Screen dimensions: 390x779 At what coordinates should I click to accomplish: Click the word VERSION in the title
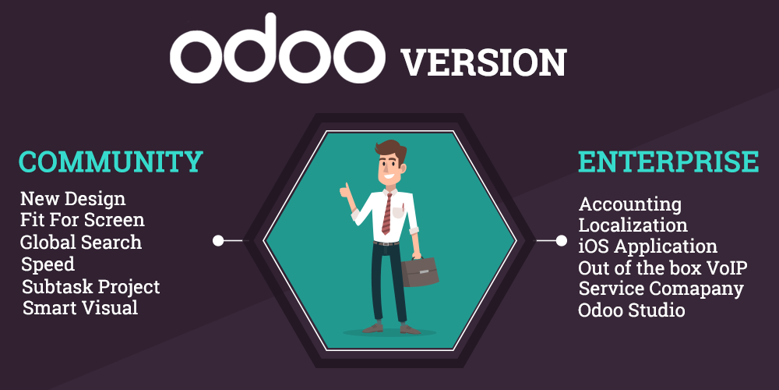click(x=484, y=62)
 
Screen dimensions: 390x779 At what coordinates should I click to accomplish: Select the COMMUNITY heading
click(x=111, y=161)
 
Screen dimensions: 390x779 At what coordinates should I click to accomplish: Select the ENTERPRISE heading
click(x=668, y=161)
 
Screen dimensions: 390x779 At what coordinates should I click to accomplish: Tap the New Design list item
click(x=72, y=199)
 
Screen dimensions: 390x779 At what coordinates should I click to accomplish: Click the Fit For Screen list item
click(x=83, y=220)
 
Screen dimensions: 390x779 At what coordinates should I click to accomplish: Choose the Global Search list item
click(x=81, y=242)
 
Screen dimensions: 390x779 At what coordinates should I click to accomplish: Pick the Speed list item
click(x=48, y=264)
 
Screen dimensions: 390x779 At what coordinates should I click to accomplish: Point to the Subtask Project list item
click(x=90, y=286)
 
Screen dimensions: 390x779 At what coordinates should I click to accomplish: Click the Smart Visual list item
click(x=80, y=308)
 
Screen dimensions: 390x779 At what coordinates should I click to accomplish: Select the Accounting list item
click(x=630, y=204)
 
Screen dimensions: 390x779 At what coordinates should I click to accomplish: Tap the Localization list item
click(x=633, y=225)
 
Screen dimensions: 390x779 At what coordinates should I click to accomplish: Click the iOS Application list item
click(x=647, y=246)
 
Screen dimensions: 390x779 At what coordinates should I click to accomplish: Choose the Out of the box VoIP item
click(x=663, y=268)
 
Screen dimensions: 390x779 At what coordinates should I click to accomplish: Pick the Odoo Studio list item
click(x=632, y=310)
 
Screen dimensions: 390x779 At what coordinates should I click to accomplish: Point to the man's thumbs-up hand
click(x=345, y=190)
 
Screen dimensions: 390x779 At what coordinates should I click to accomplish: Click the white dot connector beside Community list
click(x=219, y=240)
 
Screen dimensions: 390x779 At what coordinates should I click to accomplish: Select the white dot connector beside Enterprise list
click(x=561, y=240)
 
